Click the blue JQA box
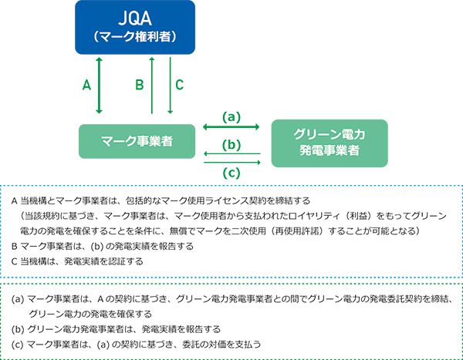point(135,27)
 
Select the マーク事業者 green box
point(137,141)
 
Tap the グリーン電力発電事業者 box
point(330,143)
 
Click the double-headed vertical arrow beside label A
point(99,86)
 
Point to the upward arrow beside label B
point(152,86)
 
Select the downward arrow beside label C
point(170,86)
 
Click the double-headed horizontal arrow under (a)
point(231,127)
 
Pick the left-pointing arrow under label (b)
point(232,153)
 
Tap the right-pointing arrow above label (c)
point(232,163)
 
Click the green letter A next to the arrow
point(86,86)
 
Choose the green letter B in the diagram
point(140,85)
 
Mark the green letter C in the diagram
point(180,85)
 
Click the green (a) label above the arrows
point(231,117)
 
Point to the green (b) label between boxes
point(231,145)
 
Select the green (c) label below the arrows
point(231,173)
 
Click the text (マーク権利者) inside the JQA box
point(135,37)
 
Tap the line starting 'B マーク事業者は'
point(103,246)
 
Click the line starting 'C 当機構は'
point(77,261)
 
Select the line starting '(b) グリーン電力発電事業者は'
point(116,329)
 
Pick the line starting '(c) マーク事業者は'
point(136,345)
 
